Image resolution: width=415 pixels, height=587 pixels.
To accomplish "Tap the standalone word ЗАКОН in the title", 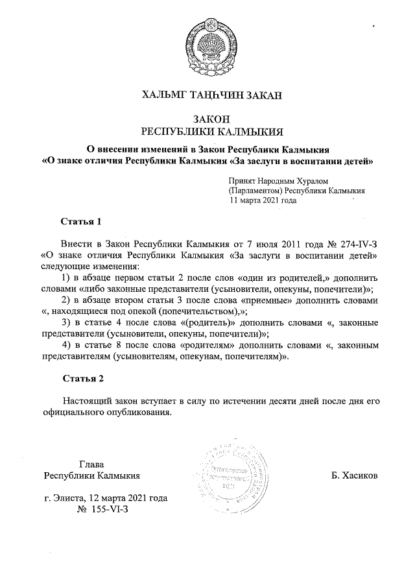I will click(207, 119).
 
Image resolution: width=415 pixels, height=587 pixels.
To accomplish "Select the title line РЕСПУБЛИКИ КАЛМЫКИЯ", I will click(207, 132).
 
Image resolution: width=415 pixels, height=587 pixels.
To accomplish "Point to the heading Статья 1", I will click(81, 222).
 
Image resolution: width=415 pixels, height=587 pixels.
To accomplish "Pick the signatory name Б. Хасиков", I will click(355, 475).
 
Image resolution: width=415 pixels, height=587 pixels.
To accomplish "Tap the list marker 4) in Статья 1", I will click(66, 345).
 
